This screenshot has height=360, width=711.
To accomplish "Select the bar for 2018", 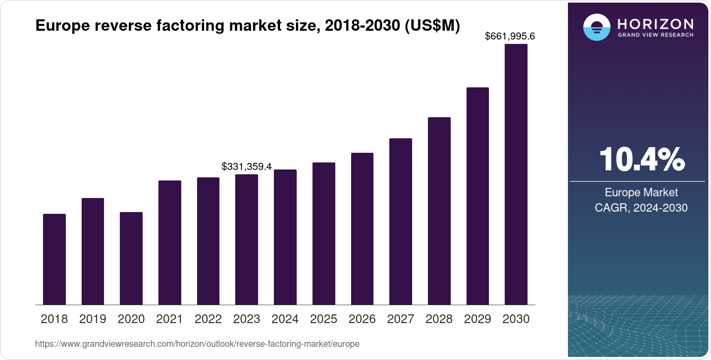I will (54, 259).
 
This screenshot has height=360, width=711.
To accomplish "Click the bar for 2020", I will (131, 258).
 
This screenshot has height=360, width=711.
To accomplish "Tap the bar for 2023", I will (247, 239).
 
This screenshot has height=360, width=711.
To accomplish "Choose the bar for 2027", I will (401, 221).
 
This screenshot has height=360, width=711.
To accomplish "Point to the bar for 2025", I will (324, 234).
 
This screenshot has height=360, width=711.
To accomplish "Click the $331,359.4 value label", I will (247, 167).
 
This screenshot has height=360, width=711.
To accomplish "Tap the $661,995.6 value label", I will (510, 36).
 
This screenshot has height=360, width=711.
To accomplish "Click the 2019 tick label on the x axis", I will (93, 319).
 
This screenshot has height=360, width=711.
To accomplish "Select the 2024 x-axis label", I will (285, 319).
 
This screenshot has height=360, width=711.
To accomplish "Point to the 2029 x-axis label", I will (478, 319).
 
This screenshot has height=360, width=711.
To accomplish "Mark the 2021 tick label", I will (169, 319).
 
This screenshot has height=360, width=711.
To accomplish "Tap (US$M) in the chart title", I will (432, 26).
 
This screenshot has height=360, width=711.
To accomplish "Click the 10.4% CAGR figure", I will (642, 159).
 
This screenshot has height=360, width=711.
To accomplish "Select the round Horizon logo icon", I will (596, 27).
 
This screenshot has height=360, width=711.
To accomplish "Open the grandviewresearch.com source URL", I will (197, 344).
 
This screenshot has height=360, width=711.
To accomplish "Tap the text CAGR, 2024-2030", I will (641, 208).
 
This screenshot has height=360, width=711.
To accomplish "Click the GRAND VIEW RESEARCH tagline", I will (656, 35).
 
